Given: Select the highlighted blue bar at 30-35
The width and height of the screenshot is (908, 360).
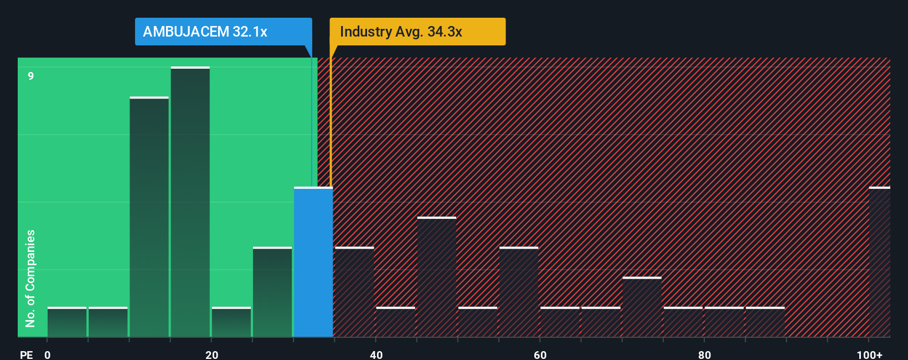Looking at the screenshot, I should (313, 263).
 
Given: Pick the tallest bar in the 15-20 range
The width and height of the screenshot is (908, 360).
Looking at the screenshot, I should (190, 202).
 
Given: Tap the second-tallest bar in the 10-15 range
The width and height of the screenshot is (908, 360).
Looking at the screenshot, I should (149, 217).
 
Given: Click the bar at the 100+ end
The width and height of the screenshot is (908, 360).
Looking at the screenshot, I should (879, 263).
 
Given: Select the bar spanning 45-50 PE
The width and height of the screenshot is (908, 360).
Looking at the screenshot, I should (437, 277).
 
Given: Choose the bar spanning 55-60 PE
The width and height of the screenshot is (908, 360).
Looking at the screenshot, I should (519, 292).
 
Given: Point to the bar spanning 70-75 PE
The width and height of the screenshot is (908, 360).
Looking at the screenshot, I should (642, 307).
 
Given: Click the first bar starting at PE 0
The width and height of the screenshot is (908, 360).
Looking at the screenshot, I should (67, 322).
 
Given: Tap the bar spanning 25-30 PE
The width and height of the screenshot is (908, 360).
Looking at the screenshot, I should (272, 292).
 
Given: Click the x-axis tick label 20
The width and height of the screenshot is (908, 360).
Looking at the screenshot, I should (211, 354).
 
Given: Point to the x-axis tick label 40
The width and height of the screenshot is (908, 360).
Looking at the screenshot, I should (376, 354).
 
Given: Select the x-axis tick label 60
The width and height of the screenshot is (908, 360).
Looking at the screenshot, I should (540, 354).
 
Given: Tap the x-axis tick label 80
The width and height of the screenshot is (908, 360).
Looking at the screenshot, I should (704, 354).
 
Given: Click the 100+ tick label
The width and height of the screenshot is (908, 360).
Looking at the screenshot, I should (869, 354).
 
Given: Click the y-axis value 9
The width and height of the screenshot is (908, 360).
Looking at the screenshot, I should (31, 76).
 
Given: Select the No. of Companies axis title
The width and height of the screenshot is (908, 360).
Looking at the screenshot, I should (30, 278).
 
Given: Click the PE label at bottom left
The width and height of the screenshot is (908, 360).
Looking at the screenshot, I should (26, 354).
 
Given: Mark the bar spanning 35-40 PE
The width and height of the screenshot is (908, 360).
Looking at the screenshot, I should (354, 292).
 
